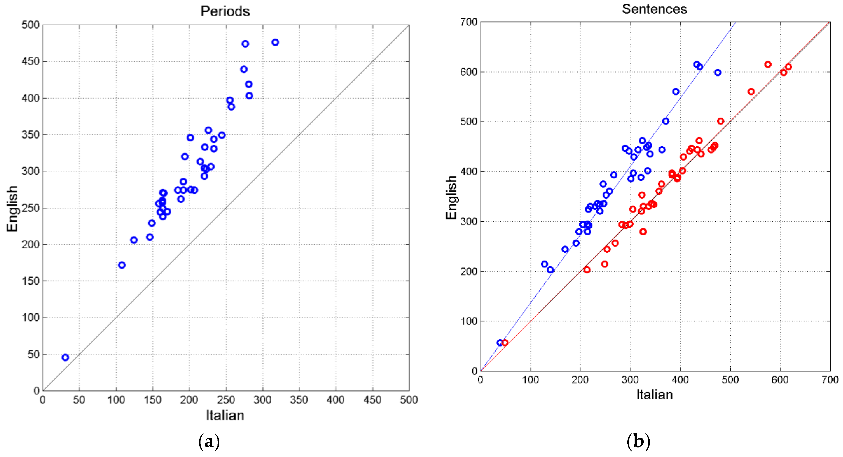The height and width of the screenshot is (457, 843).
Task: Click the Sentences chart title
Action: pos(654,9)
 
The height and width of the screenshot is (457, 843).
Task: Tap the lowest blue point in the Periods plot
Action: pos(66,357)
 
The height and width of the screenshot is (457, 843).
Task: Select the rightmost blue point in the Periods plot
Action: pos(275,42)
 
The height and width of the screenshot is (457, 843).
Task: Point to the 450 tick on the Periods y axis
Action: pos(31,61)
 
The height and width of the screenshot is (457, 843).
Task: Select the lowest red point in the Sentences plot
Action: pos(505,343)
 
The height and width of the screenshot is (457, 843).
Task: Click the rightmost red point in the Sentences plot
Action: pos(788,67)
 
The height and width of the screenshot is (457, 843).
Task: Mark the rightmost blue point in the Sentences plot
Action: pos(718,72)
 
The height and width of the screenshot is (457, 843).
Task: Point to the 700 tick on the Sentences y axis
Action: pos(469,22)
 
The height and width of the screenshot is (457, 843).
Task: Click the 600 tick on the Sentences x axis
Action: pos(780,380)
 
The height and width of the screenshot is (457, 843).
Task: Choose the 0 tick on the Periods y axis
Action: pos(37,391)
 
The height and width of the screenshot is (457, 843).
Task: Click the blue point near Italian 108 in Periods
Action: pos(122,265)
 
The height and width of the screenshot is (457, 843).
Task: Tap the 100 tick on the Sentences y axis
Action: pos(469,321)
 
